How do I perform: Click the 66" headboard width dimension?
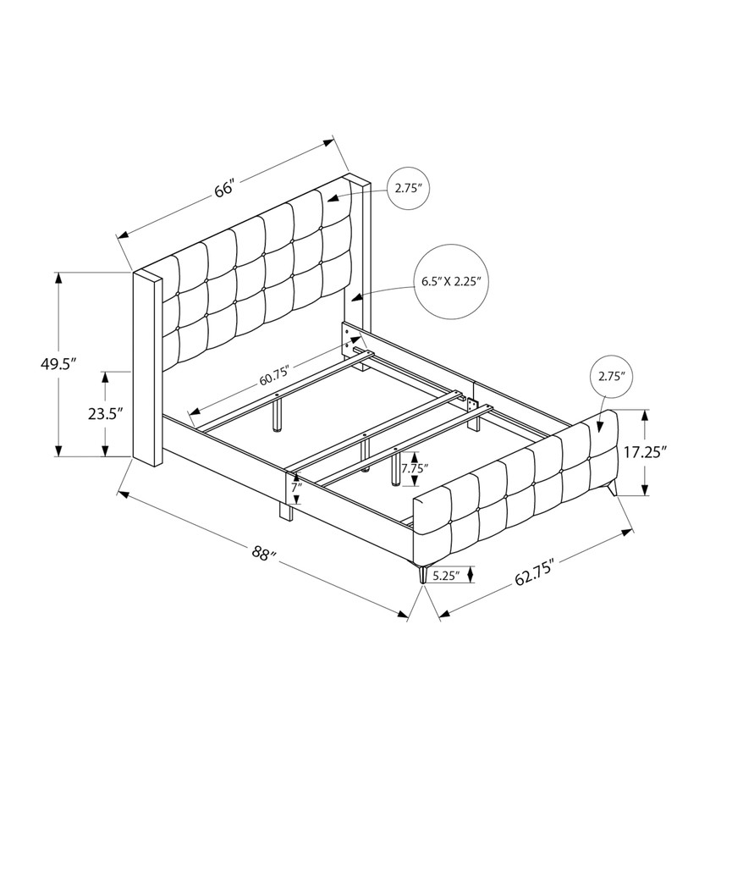(223, 189)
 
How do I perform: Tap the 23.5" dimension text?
(104, 414)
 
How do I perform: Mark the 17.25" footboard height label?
(645, 452)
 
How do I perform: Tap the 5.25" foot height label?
(445, 576)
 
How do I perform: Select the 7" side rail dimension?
(295, 488)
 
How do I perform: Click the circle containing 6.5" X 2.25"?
(451, 281)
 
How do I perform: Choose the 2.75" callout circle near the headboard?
(407, 189)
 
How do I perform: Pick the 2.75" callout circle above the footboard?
(610, 377)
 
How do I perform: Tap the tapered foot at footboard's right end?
(610, 490)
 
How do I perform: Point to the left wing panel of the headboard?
(146, 368)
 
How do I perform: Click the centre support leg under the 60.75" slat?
(277, 414)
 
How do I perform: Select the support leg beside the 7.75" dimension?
(395, 469)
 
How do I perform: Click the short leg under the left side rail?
(283, 511)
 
